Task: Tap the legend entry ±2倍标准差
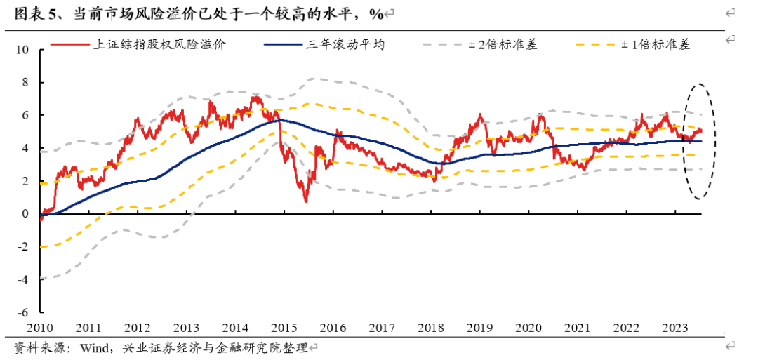[x=504, y=45]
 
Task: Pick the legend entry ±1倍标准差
[x=656, y=45]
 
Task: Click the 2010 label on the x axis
[x=40, y=328]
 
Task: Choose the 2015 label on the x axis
[x=284, y=328]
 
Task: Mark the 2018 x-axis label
[x=430, y=328]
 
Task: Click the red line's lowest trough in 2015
[x=306, y=201]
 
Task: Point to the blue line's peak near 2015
[x=279, y=121]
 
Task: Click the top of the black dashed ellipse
[x=698, y=84]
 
